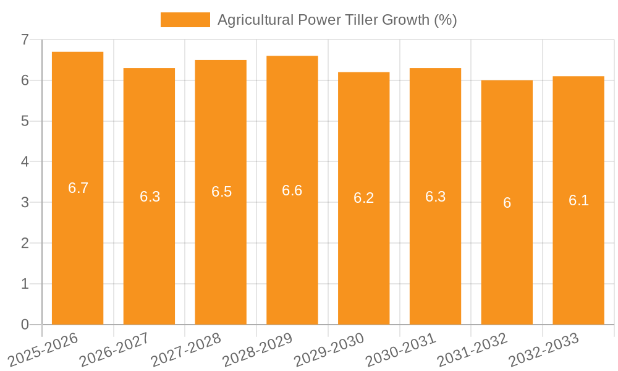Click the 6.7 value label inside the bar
click(x=78, y=188)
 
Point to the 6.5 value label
click(x=221, y=192)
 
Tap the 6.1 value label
click(x=578, y=200)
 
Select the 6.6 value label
click(x=292, y=190)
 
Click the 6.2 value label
click(x=363, y=198)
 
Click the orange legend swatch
click(x=185, y=20)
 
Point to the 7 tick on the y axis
click(x=25, y=40)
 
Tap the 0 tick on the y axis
click(x=25, y=325)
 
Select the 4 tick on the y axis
click(x=25, y=162)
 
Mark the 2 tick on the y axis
click(x=25, y=243)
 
